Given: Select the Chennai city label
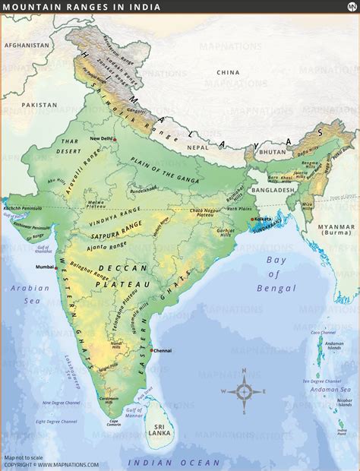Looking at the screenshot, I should pos(164,350).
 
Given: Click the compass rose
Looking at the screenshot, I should pos(245,392).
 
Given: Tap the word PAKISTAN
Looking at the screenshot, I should pos(39,104).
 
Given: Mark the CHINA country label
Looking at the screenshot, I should pos(228,72).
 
